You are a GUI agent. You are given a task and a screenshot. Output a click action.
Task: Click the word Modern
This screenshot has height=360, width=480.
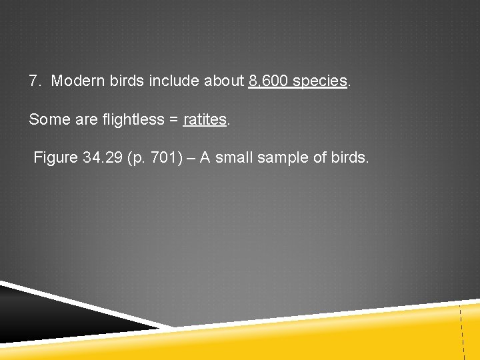tap(75, 81)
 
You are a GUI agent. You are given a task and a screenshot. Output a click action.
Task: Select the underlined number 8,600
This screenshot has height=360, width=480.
tap(268, 81)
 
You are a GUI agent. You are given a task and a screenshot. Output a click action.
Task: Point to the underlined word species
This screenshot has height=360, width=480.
tap(320, 82)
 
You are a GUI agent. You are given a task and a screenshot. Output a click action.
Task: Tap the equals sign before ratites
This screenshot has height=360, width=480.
tap(173, 120)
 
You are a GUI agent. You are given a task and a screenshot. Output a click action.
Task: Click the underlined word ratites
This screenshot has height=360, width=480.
tap(205, 119)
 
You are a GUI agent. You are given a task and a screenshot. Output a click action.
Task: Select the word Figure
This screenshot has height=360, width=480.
tap(55, 158)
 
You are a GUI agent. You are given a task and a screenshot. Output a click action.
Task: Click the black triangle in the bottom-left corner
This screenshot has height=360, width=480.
tap(40, 313)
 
